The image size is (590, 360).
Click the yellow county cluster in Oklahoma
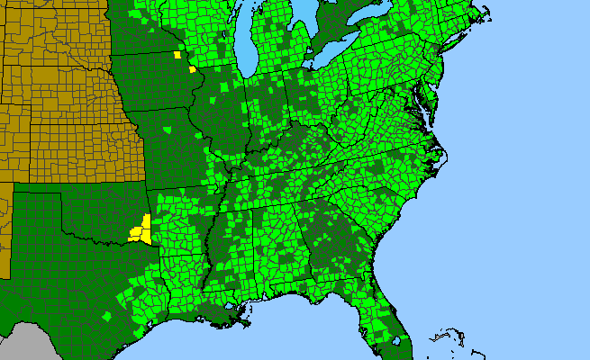click(141, 231)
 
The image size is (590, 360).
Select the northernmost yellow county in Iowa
click(177, 56)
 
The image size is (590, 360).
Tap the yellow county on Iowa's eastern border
click(192, 68)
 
